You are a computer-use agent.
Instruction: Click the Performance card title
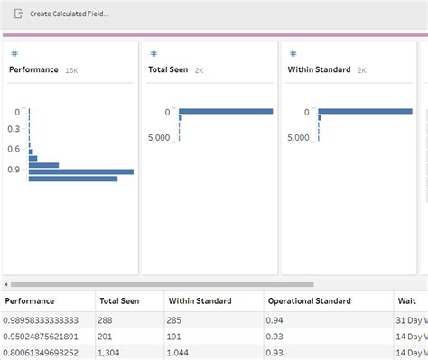pyautogui.click(x=33, y=69)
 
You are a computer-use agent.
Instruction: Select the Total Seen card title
pyautogui.click(x=168, y=69)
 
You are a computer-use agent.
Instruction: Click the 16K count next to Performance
pyautogui.click(x=71, y=70)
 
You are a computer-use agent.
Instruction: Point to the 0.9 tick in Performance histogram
pyautogui.click(x=14, y=169)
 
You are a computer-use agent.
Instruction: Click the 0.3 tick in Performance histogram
pyautogui.click(x=14, y=130)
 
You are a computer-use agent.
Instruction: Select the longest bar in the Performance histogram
pyautogui.click(x=81, y=171)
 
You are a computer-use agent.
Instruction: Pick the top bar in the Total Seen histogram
pyautogui.click(x=227, y=112)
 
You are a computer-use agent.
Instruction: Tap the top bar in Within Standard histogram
pyautogui.click(x=366, y=112)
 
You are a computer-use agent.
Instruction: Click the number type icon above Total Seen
pyautogui.click(x=154, y=54)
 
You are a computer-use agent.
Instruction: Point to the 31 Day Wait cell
pyautogui.click(x=411, y=319)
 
